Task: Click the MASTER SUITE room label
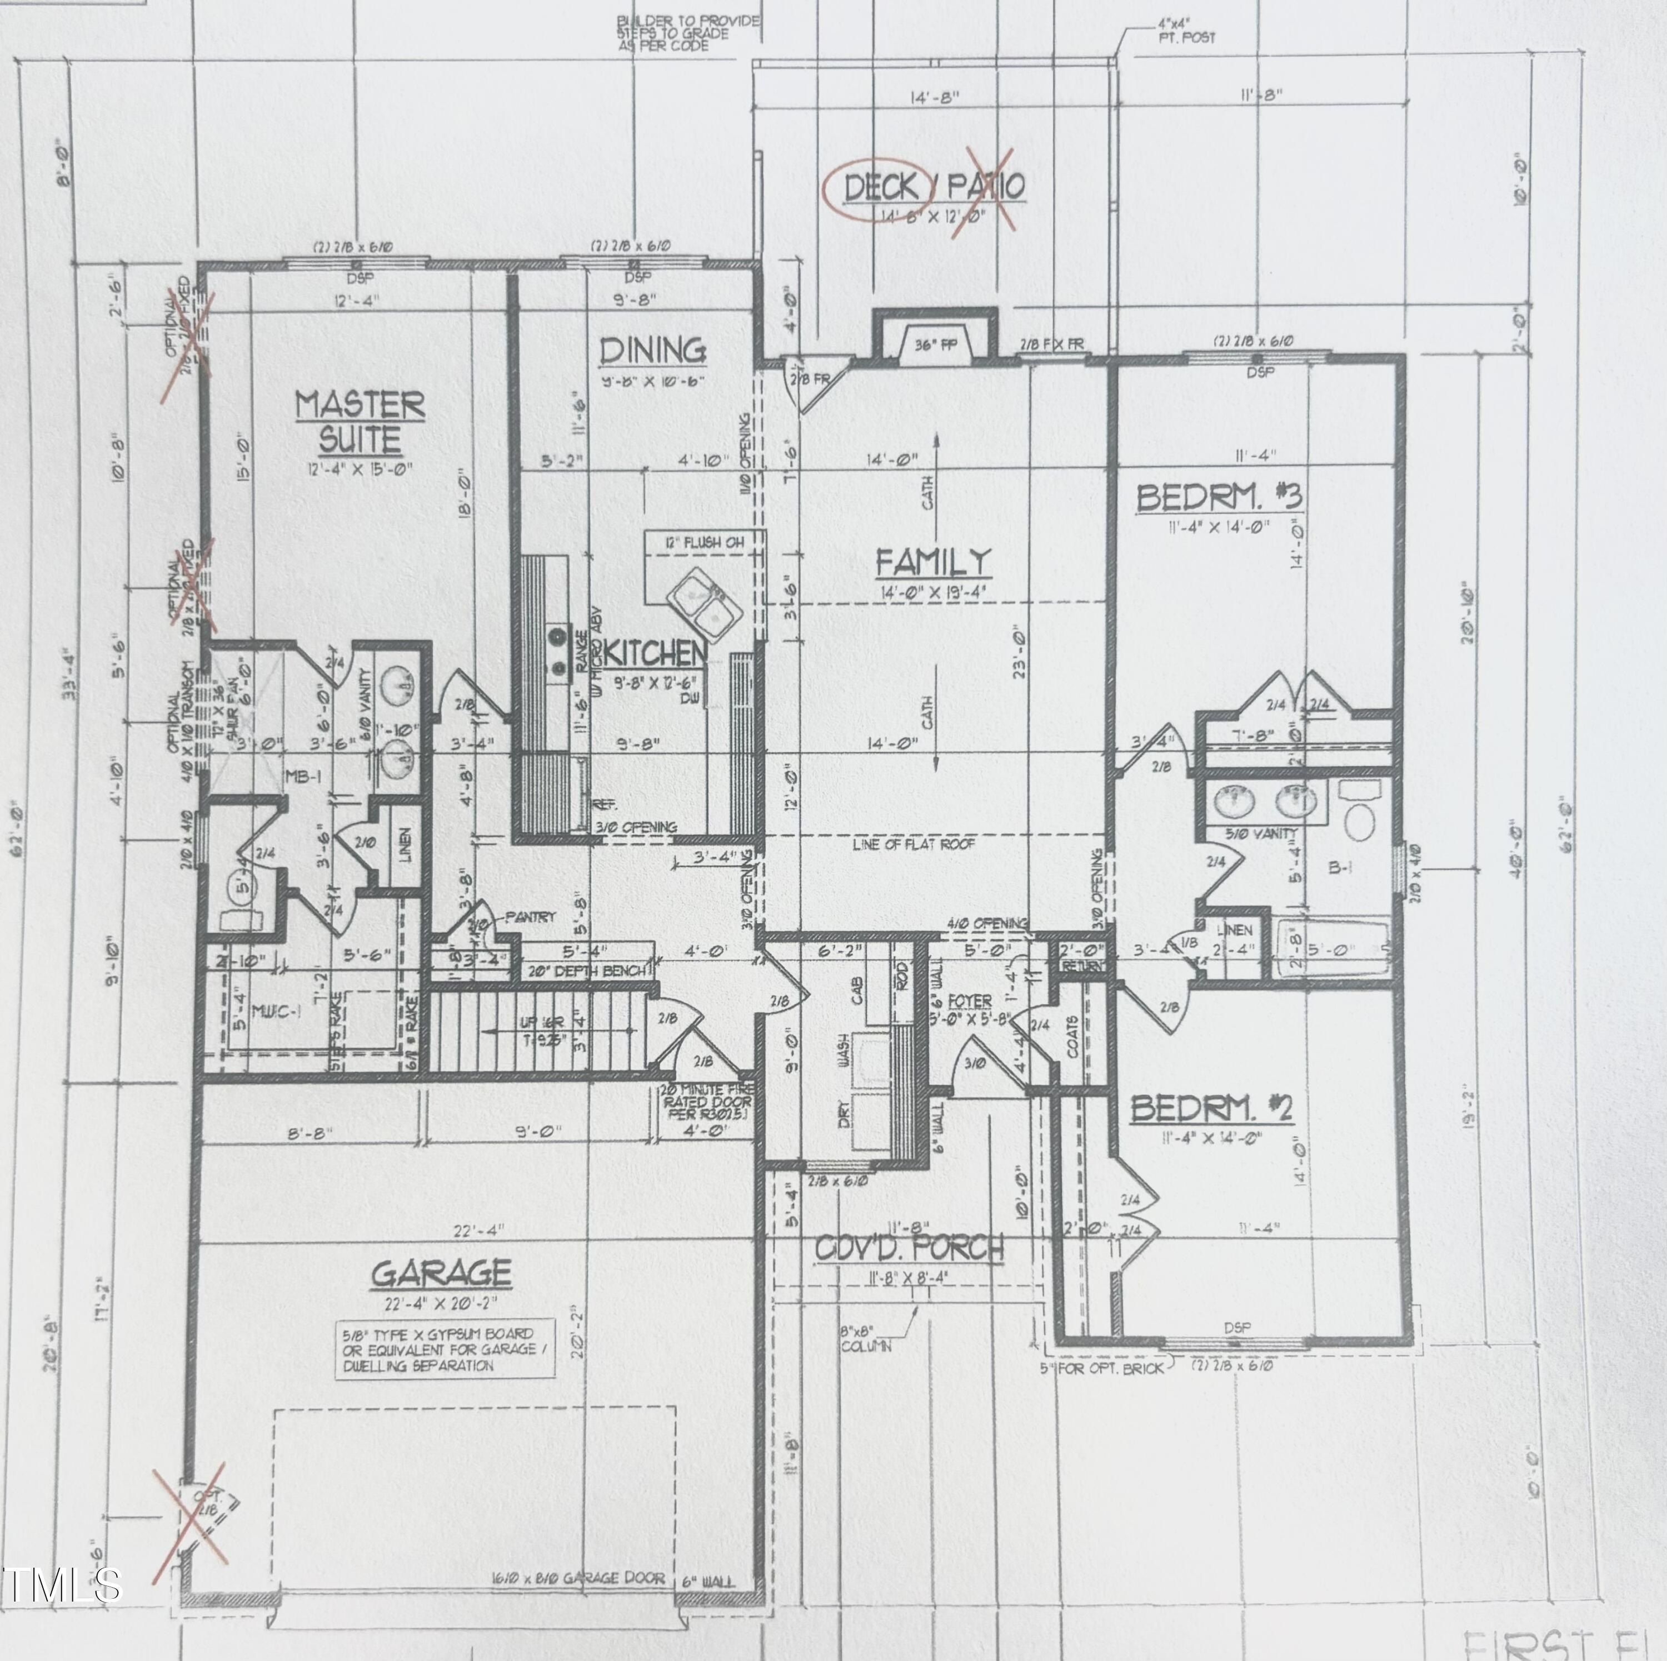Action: (x=360, y=422)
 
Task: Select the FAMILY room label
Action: (x=934, y=563)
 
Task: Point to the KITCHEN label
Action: (x=656, y=653)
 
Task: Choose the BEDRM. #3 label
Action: (x=1219, y=498)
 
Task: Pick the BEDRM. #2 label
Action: (x=1211, y=1109)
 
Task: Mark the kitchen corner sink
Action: (x=705, y=599)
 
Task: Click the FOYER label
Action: (x=969, y=1002)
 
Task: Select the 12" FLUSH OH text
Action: (x=704, y=542)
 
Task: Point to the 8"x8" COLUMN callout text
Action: (x=865, y=1340)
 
